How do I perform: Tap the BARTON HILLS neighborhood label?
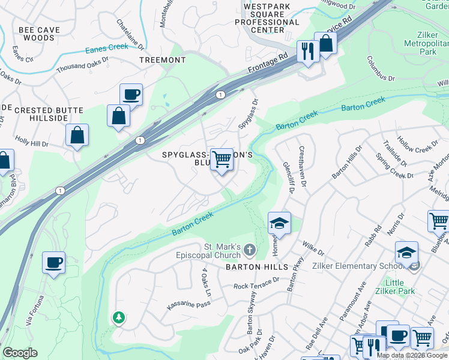pos(249,266)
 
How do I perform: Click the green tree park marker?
pos(119,317)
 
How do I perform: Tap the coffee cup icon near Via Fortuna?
pos(54,262)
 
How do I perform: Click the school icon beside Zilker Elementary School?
pos(406,252)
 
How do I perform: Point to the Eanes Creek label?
pos(107,51)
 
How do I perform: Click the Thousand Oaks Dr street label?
pos(82,65)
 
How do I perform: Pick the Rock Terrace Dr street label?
pos(256,284)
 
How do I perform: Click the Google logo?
pos(19,353)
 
